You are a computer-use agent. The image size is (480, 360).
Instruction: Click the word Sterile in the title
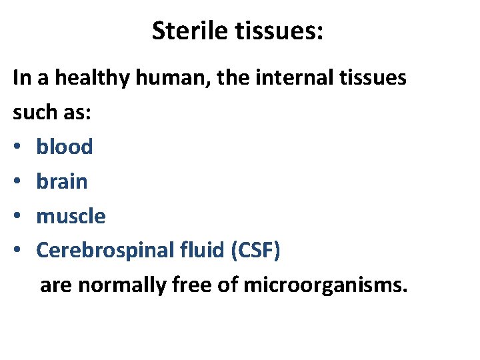click(x=189, y=31)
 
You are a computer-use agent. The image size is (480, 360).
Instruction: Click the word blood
click(x=64, y=147)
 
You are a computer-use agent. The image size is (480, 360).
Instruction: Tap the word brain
click(x=61, y=181)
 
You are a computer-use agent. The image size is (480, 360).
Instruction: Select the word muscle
click(x=71, y=216)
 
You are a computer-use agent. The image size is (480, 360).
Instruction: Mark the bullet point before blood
click(x=18, y=147)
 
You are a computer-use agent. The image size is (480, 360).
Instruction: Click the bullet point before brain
click(x=18, y=182)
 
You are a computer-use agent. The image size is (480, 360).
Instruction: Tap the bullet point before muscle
click(x=18, y=217)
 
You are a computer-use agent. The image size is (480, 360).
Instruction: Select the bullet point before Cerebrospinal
click(x=18, y=251)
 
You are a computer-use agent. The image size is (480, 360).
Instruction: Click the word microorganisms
click(x=325, y=285)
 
